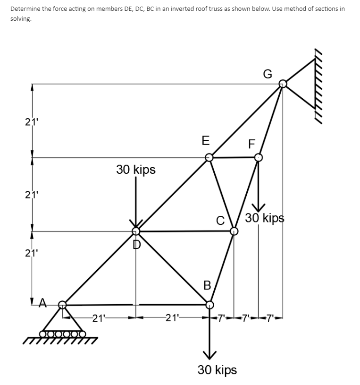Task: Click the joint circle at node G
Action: click(282, 84)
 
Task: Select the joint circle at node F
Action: click(258, 157)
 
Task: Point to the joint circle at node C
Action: click(234, 231)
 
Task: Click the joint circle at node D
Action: click(136, 231)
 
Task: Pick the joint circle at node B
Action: click(209, 305)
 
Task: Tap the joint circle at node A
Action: click(63, 305)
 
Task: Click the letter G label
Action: click(268, 74)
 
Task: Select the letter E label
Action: click(205, 140)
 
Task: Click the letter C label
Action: click(220, 220)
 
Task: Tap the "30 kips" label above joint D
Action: click(136, 170)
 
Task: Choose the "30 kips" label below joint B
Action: click(217, 369)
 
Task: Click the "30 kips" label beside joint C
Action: click(264, 218)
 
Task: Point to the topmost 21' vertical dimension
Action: click(30, 121)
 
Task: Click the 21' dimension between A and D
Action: click(100, 317)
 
